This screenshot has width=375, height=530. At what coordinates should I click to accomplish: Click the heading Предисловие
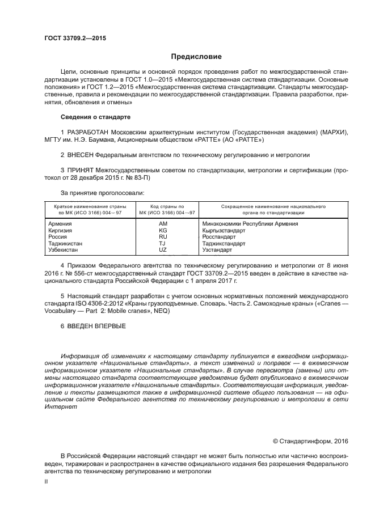tap(196, 57)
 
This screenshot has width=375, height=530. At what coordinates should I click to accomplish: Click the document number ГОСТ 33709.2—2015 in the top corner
tap(75, 38)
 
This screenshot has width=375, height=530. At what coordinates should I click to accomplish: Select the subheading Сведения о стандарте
tap(95, 117)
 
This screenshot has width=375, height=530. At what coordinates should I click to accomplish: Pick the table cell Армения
tap(61, 224)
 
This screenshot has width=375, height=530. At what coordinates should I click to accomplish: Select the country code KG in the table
tap(163, 231)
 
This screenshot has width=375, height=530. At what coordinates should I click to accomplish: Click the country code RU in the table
tap(163, 237)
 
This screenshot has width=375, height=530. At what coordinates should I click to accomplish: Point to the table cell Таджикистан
tap(66, 243)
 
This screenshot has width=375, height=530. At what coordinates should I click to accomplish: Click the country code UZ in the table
tap(163, 249)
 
